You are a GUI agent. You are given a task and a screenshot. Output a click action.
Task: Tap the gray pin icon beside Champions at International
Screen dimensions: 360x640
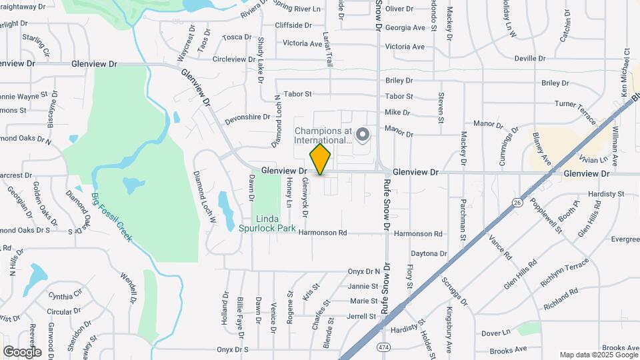(363, 135)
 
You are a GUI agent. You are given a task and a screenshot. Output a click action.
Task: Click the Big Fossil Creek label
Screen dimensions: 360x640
(111, 217)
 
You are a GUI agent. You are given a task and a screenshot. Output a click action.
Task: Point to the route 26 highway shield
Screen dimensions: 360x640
(517, 203)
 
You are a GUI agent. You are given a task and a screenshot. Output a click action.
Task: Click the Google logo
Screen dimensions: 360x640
(22, 352)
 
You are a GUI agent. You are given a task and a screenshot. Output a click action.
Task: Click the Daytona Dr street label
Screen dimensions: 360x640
(428, 254)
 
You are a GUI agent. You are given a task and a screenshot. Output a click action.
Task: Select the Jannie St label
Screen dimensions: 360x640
(363, 286)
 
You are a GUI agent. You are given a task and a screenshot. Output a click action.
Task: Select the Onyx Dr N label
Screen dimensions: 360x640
(363, 271)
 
